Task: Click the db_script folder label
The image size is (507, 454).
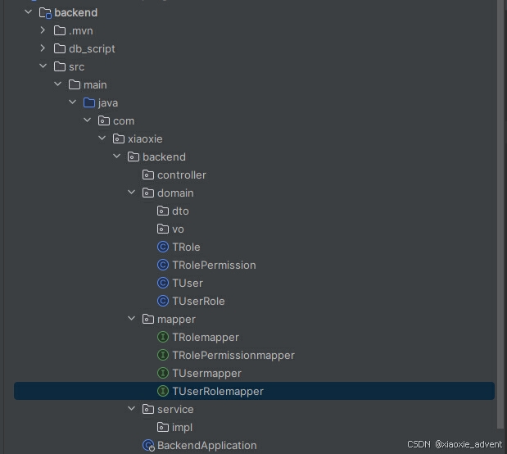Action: (x=92, y=48)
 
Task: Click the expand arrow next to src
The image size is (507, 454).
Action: (x=43, y=66)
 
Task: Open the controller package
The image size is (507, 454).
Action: (x=181, y=175)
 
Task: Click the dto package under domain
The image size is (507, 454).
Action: (x=180, y=211)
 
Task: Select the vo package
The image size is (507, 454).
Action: (x=178, y=229)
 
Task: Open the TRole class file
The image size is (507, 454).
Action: (x=186, y=247)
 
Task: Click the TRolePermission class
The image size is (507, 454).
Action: (x=214, y=265)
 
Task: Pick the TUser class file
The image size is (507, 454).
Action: (x=188, y=283)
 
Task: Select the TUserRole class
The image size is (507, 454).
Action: (x=198, y=301)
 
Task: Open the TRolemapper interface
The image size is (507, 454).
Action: (x=205, y=337)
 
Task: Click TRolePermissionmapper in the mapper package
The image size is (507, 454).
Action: (x=233, y=355)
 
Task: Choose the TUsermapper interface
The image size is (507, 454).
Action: (x=206, y=373)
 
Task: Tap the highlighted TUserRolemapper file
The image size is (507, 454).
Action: (x=217, y=391)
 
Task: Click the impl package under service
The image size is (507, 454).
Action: (x=182, y=427)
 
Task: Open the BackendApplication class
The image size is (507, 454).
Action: (x=206, y=445)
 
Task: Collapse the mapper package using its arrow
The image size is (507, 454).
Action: (x=132, y=319)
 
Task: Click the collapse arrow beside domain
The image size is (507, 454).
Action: (x=132, y=193)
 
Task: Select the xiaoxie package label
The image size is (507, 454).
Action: (x=145, y=138)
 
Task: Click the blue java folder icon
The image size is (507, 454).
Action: (x=89, y=102)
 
